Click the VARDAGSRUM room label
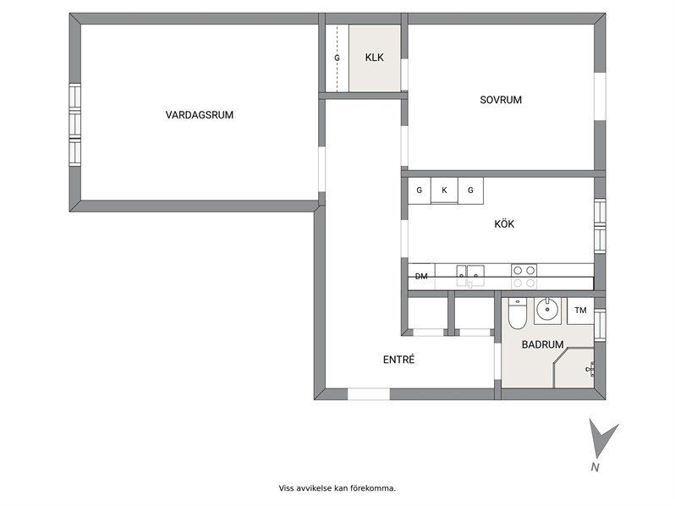coord(200,115)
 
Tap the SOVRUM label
coord(501,100)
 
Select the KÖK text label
coord(504,224)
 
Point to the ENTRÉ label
coord(398,360)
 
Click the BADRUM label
coord(542,344)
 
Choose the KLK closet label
coord(374,58)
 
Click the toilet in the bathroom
coord(516,313)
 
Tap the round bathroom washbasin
coord(547,309)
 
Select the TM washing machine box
coord(580,311)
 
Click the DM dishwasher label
coord(421,277)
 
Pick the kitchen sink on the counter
coord(470,276)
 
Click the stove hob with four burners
coord(524,276)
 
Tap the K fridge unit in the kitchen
coord(444,190)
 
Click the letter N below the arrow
coord(595,467)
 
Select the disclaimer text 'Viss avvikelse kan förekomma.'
coord(337,488)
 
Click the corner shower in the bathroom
coord(573,368)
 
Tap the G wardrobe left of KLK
coord(337,58)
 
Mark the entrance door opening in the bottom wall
coord(369,394)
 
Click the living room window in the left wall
coord(75,125)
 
